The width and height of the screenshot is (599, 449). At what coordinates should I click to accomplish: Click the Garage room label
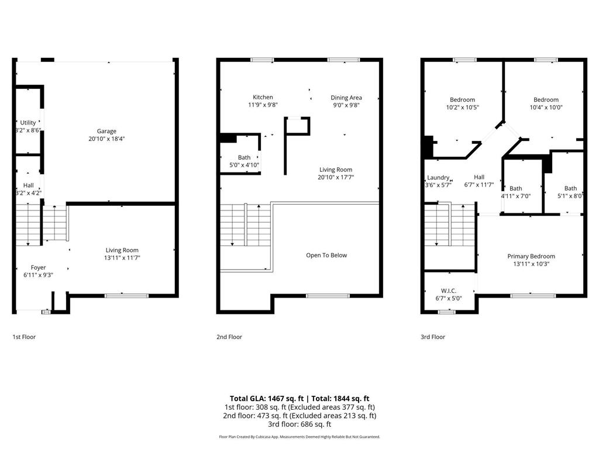[106, 131]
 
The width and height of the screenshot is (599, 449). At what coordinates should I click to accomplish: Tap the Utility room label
[27, 123]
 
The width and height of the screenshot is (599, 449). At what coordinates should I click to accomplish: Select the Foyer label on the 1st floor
[38, 268]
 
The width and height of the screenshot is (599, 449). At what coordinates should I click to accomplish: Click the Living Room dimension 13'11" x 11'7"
[122, 258]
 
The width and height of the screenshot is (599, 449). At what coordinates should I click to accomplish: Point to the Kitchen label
[263, 97]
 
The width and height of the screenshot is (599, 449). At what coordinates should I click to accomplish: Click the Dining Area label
[346, 98]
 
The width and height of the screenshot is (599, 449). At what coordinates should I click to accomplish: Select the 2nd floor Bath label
[244, 158]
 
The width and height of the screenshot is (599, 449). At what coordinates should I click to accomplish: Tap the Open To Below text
[326, 255]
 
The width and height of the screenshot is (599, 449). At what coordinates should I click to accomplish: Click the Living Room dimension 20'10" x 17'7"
[335, 177]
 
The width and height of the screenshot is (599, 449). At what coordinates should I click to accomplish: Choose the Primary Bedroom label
[531, 256]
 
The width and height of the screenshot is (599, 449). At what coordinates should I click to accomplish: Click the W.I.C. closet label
[449, 291]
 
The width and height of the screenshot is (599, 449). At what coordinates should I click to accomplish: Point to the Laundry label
[438, 178]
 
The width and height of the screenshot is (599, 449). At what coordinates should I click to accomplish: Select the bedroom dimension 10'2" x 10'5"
[462, 108]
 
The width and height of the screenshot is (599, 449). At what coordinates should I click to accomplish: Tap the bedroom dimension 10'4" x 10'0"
[546, 108]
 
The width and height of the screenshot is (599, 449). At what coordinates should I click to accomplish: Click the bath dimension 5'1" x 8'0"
[570, 196]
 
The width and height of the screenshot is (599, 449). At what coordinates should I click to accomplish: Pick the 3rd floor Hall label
[479, 177]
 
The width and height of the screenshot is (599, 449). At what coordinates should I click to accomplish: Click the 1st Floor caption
[24, 337]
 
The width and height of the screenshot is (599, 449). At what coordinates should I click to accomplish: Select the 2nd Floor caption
[229, 337]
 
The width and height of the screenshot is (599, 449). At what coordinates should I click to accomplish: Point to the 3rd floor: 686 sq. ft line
[299, 424]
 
